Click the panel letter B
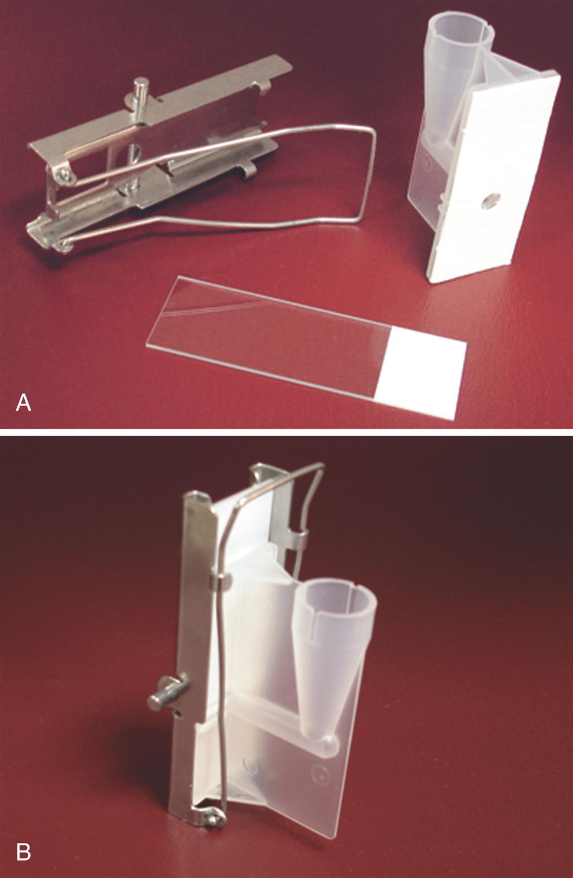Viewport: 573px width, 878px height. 23,850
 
